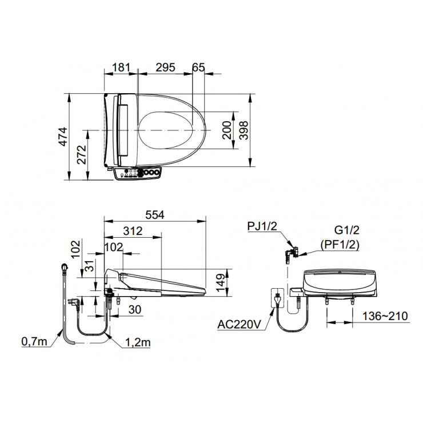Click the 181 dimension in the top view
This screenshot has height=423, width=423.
pyautogui.click(x=121, y=67)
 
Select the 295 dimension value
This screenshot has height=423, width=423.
pyautogui.click(x=165, y=67)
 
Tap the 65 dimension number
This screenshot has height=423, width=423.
pyautogui.click(x=198, y=67)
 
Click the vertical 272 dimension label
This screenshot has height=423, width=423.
pyautogui.click(x=81, y=155)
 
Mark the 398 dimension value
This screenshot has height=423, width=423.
pyautogui.click(x=244, y=130)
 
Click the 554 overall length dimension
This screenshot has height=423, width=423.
pyautogui.click(x=154, y=215)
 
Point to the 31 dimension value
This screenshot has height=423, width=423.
pyautogui.click(x=89, y=266)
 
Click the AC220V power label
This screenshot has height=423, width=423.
pyautogui.click(x=239, y=325)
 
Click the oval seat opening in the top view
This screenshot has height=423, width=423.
pyautogui.click(x=165, y=130)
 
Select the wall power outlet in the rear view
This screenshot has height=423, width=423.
pyautogui.click(x=278, y=298)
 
